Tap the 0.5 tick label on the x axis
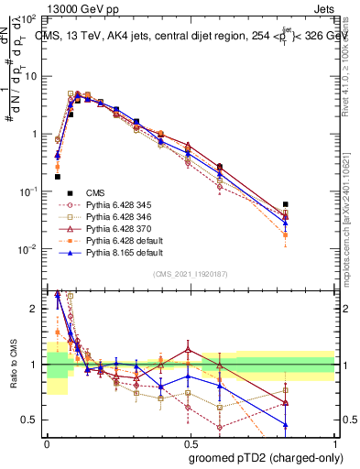(191, 442)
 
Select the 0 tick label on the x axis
(47, 442)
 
